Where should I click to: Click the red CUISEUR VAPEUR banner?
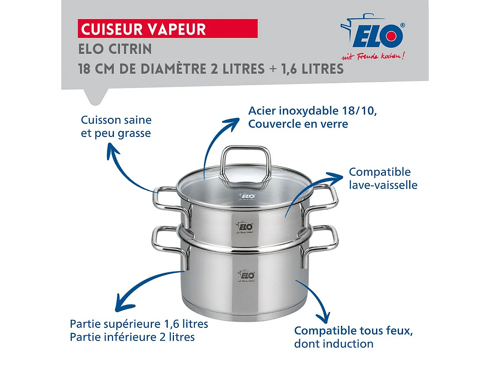click(167, 29)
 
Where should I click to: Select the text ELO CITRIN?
click(115, 49)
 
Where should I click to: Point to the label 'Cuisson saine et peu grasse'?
click(116, 126)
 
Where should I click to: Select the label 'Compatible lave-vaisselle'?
click(383, 178)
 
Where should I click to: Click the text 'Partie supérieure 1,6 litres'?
click(139, 324)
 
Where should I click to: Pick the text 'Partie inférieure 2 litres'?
click(132, 337)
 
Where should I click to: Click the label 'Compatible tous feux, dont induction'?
click(354, 337)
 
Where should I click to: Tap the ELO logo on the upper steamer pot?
click(245, 227)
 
